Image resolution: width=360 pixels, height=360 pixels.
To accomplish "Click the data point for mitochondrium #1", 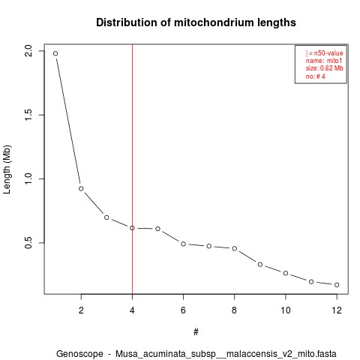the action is (55, 53).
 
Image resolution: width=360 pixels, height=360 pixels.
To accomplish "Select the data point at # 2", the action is (81, 188).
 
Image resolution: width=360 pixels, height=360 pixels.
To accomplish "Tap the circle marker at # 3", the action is (106, 217).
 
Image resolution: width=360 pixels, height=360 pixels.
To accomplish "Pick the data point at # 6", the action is (183, 244).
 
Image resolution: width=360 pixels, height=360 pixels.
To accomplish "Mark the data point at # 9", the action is (260, 264).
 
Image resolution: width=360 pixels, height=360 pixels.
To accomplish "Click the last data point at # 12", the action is (337, 285).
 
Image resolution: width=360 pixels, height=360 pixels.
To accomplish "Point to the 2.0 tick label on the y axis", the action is (28, 51).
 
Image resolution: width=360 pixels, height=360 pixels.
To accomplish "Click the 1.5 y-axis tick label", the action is (28, 115).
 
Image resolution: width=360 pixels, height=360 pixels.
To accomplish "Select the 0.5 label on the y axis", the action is (28, 242).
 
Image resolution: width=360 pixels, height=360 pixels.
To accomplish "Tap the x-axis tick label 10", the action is (286, 310).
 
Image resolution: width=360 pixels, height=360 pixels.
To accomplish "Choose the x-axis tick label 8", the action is (234, 310).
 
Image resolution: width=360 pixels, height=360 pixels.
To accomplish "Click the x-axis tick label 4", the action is (132, 310).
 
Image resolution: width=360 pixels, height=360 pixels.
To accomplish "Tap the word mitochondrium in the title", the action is (211, 22).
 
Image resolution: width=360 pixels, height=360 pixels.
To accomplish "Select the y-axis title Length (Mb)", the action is (7, 169).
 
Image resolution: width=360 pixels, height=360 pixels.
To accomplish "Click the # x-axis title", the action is (196, 332).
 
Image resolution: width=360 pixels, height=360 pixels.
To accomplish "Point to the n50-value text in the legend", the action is (328, 53).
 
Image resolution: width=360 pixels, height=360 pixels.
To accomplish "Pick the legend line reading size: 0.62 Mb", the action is (325, 68).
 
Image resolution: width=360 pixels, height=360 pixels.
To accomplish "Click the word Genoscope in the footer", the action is (79, 354).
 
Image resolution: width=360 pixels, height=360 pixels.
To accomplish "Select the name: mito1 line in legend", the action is (324, 61).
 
